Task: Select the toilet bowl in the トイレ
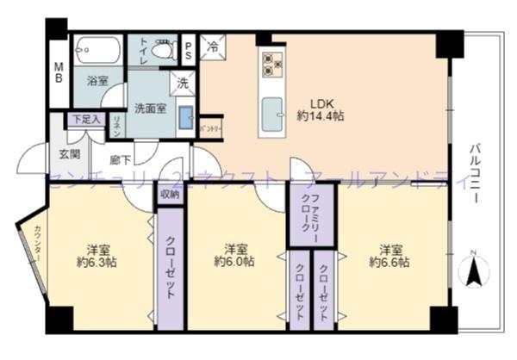coord(160,51)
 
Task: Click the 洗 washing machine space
coord(182,84)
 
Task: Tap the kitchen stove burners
coord(272,61)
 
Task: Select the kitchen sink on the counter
coord(272,111)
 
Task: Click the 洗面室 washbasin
coord(185,117)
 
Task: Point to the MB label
coord(59,73)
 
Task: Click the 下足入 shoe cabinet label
coord(86,119)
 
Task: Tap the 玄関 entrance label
coord(69,154)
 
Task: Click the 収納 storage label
coord(169,195)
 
